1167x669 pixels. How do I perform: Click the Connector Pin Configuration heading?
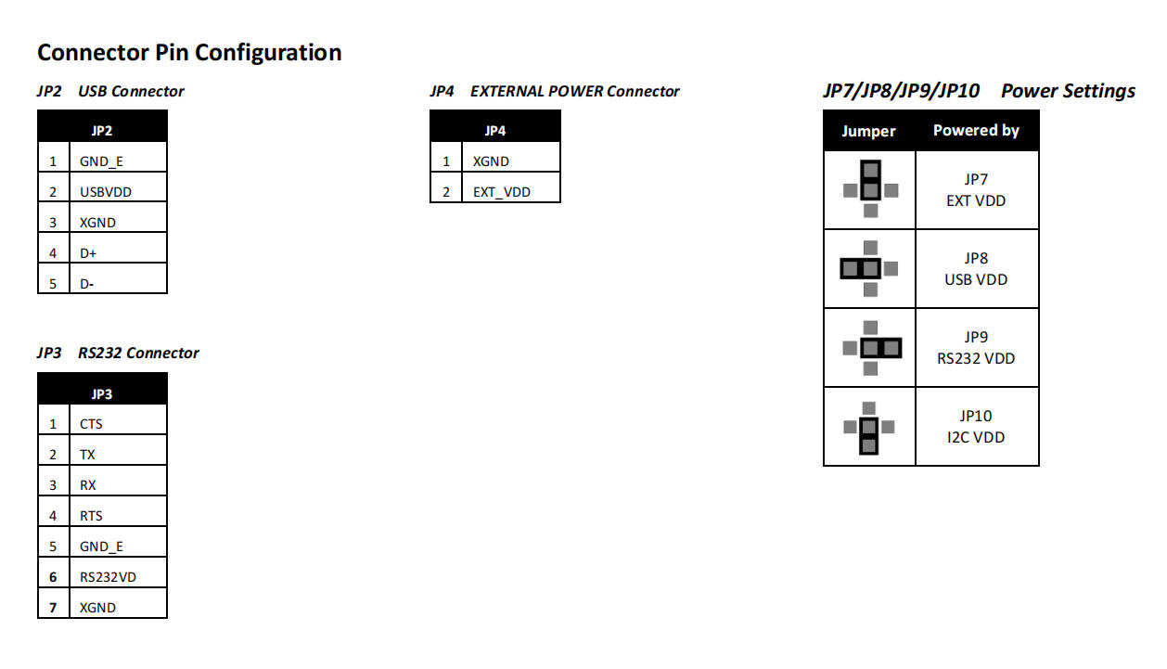pos(189,53)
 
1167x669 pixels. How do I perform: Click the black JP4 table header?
pos(495,131)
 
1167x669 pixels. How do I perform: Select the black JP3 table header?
pos(102,393)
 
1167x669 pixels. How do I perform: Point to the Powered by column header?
pos(976,131)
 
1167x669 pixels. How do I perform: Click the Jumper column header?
pos(868,132)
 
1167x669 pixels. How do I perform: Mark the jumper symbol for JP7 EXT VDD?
pos(870,189)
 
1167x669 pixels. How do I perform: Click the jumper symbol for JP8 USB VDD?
pos(869,269)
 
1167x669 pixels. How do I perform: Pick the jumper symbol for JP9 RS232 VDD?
pos(870,349)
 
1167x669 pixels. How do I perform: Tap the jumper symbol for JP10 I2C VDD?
pos(868,428)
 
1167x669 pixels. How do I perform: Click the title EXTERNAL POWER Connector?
pos(575,92)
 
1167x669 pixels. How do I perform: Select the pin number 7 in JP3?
pos(54,608)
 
